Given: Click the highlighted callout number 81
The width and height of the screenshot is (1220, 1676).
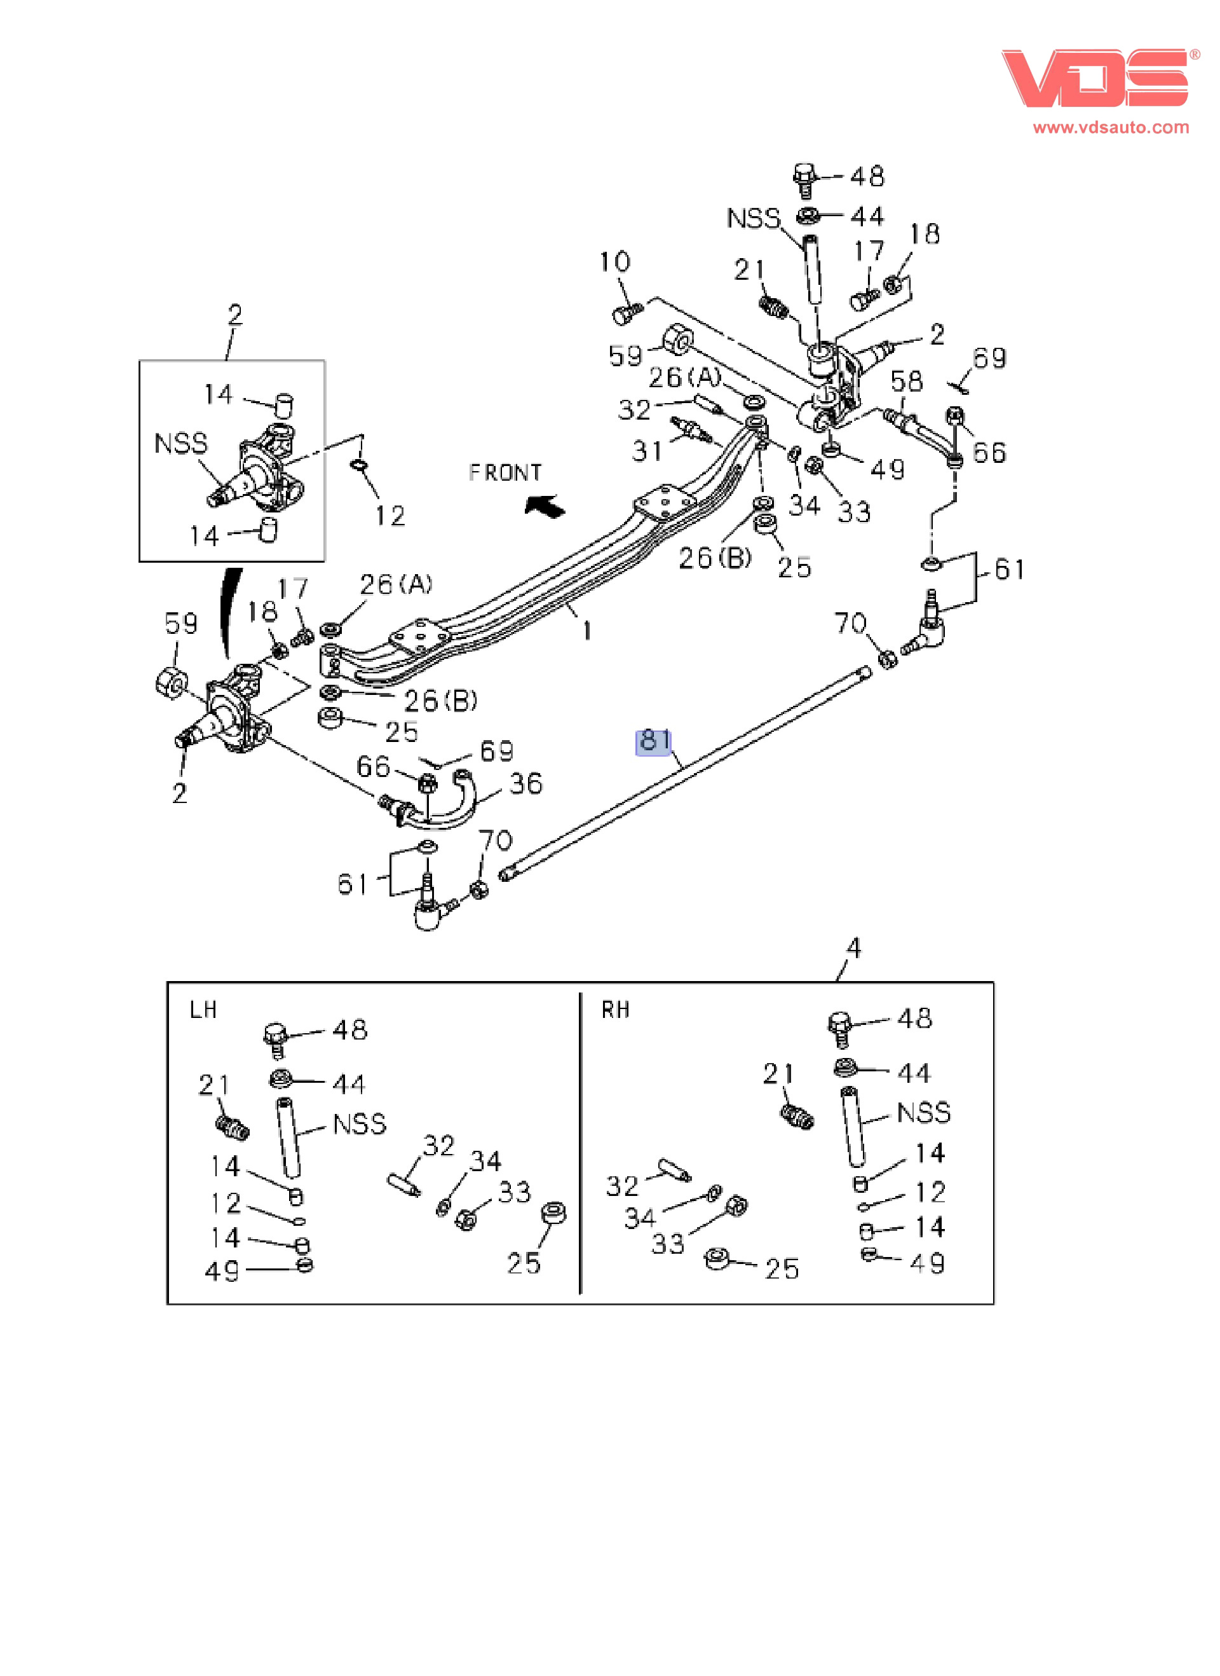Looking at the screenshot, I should pos(654,741).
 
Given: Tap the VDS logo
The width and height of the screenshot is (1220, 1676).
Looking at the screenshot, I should pos(1095,78).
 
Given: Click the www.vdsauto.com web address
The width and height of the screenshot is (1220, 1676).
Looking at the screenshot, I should pos(1111,127).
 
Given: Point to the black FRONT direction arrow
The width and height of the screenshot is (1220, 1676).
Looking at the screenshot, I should pos(545,506).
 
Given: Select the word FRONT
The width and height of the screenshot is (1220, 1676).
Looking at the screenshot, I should pos(505,473).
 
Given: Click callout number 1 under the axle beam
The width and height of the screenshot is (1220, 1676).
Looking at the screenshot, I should pos(586,630).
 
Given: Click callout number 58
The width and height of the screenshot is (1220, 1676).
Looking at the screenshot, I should pos(906,381).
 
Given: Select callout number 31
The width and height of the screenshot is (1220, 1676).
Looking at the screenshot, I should pos(647,451).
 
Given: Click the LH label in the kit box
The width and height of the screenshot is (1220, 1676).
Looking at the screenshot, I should pos(203,1010).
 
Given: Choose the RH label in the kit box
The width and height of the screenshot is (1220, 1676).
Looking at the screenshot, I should pos(615,1010).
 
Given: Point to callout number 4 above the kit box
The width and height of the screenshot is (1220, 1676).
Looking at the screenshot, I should pos(854,948).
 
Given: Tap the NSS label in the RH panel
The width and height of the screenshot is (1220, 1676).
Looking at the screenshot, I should pos(923,1112).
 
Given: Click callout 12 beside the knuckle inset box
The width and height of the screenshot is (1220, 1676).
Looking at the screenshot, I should pos(390,516).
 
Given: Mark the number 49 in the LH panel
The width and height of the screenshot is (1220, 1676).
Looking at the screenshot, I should pos(222,1271).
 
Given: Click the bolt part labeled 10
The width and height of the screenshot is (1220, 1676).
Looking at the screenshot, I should pos(627,313).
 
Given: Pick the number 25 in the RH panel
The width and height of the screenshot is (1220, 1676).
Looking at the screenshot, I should pos(782,1269).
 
